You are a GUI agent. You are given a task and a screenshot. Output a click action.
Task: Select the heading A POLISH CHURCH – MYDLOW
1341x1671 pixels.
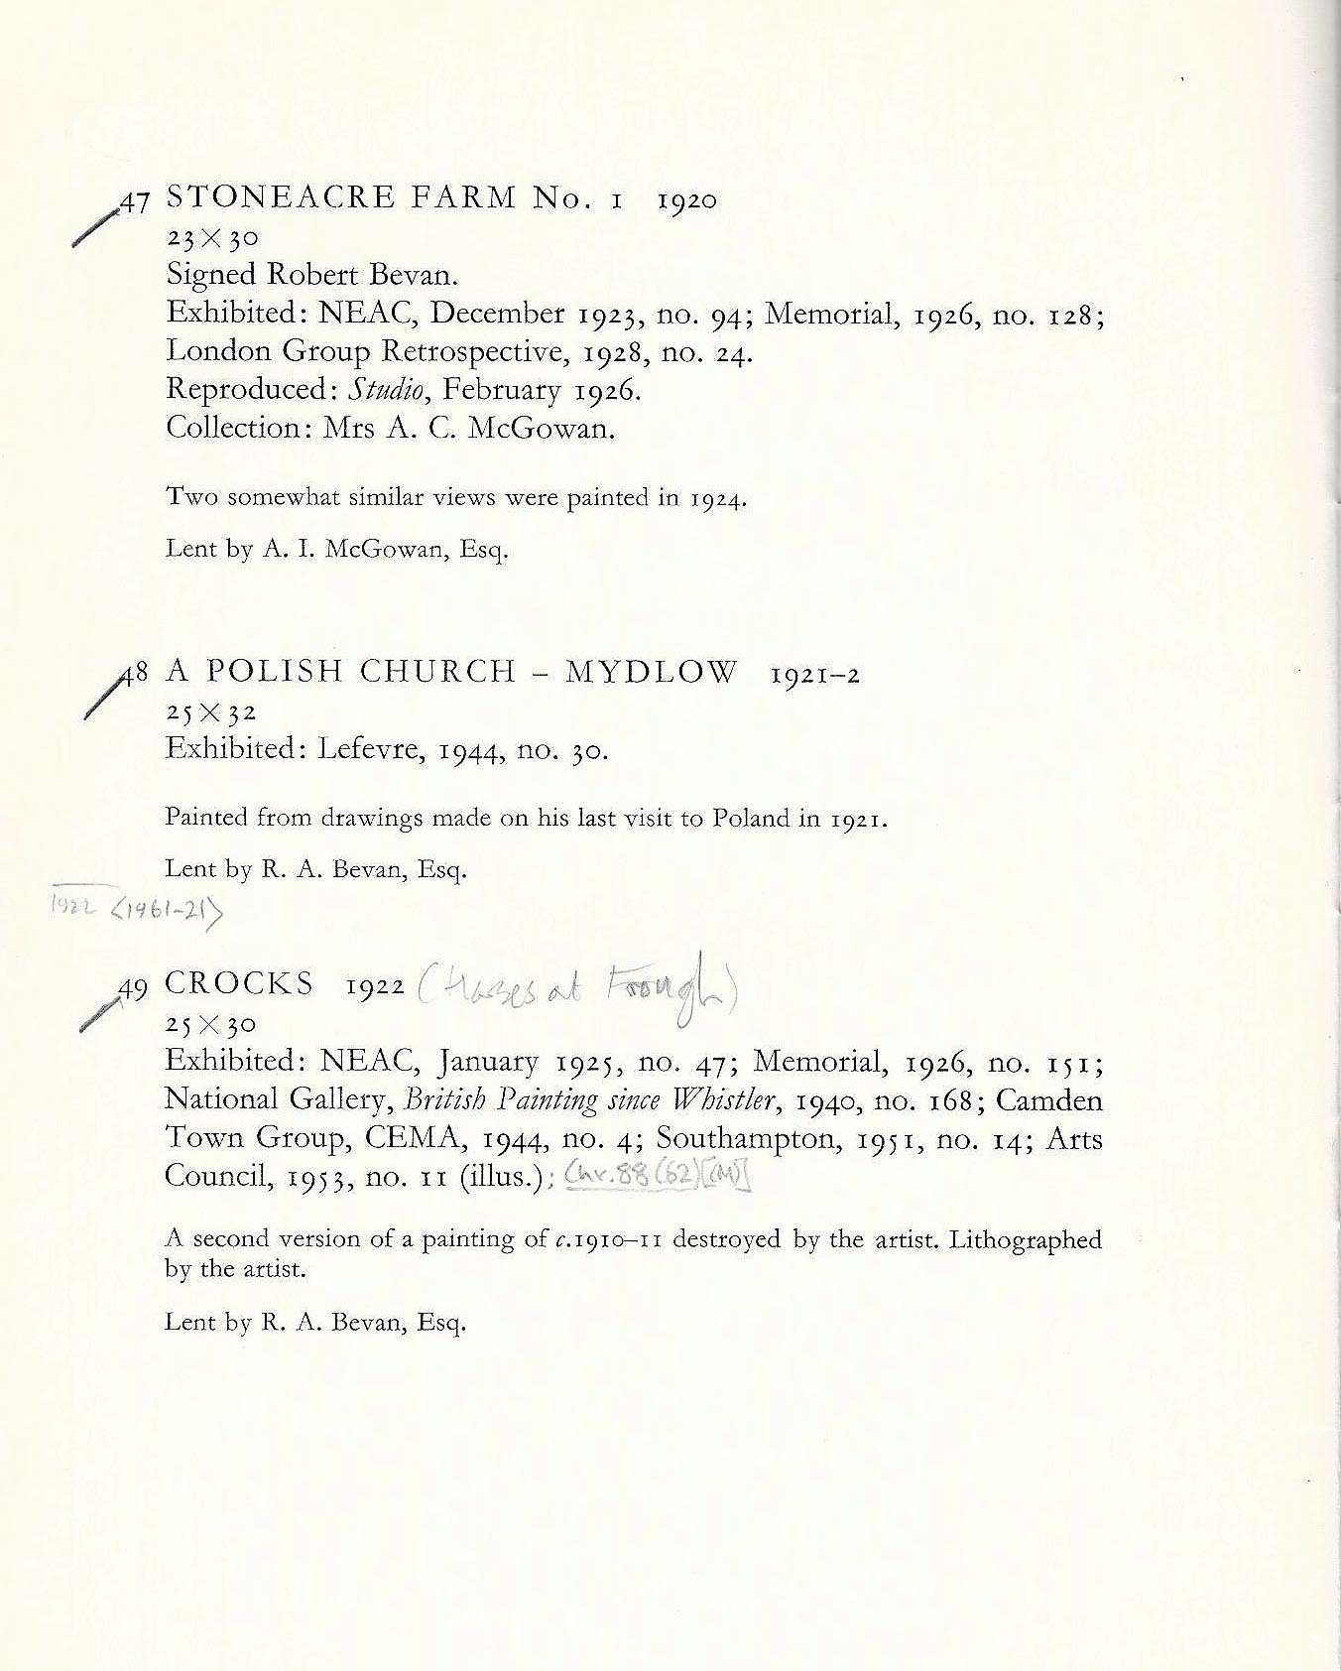(x=451, y=672)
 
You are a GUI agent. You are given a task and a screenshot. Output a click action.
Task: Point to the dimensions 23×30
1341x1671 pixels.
(x=211, y=237)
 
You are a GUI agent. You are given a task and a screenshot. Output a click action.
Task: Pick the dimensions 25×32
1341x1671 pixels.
(x=211, y=711)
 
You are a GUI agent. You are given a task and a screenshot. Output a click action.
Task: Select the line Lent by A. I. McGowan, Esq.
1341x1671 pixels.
(x=336, y=549)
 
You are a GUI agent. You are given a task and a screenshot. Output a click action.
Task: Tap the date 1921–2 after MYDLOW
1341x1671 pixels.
(x=814, y=675)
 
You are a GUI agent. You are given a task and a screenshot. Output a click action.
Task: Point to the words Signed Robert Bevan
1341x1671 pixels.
(x=311, y=275)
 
